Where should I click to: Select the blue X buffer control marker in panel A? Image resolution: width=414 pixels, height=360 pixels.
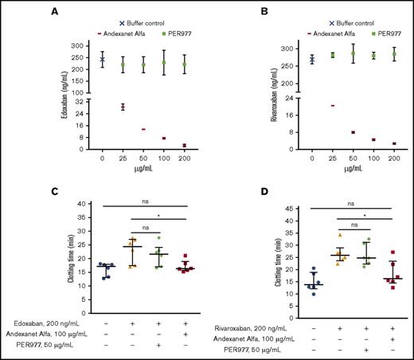tap(103, 60)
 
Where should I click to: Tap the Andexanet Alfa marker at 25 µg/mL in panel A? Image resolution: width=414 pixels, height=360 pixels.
tap(123, 106)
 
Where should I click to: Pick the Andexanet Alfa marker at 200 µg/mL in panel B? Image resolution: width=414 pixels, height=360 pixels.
tap(394, 143)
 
